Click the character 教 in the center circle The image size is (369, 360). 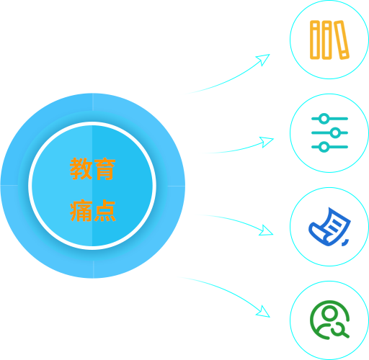[x=81, y=168]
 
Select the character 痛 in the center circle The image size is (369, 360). [x=81, y=210]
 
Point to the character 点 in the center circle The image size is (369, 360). [x=105, y=210]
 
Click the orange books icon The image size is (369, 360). [x=329, y=40]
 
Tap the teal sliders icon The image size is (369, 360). [x=329, y=132]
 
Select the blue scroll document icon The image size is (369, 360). [x=329, y=227]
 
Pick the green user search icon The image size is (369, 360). [x=329, y=320]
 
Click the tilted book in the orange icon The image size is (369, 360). [x=342, y=40]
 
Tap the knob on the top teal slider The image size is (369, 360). [x=324, y=119]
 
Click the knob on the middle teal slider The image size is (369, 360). [x=335, y=132]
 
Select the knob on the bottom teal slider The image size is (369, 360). [x=324, y=147]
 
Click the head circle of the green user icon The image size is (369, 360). [x=329, y=312]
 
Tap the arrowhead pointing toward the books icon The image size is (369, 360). [x=264, y=59]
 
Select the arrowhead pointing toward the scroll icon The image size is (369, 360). [x=267, y=231]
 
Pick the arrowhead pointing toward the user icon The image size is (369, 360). [x=264, y=312]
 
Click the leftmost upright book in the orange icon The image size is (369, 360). [x=315, y=40]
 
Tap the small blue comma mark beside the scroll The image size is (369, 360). [x=345, y=243]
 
